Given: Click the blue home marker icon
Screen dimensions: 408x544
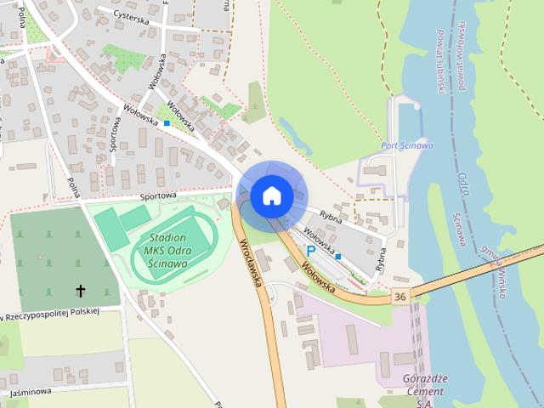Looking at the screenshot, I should tap(271, 196).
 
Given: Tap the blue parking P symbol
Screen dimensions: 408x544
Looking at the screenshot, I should tap(311, 252).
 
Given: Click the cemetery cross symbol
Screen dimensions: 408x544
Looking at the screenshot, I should tap(82, 291).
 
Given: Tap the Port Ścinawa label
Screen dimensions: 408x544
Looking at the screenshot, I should tap(407, 145).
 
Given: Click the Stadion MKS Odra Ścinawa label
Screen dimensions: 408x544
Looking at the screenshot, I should tap(167, 250).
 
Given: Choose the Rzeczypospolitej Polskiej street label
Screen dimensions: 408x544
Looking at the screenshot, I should tap(51, 314).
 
